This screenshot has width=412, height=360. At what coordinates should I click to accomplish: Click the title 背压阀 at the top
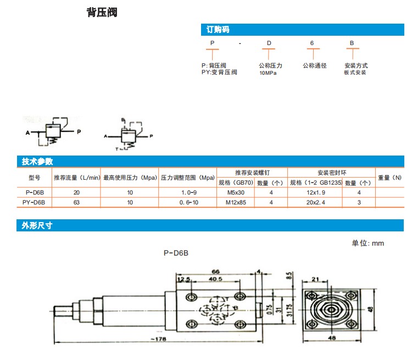(x=102, y=13)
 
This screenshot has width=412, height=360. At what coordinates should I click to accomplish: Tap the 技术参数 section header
(x=37, y=162)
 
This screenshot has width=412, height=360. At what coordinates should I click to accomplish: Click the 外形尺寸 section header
(x=37, y=225)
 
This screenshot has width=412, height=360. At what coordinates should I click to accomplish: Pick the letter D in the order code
(x=269, y=43)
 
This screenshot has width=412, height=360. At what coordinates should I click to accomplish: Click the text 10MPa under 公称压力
(x=269, y=73)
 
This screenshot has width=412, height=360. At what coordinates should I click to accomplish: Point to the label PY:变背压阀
(x=220, y=72)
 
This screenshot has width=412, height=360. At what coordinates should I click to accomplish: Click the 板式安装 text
(x=355, y=73)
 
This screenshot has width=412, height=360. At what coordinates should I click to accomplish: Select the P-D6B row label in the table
(x=34, y=192)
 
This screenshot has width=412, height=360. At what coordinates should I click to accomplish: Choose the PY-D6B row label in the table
(x=34, y=202)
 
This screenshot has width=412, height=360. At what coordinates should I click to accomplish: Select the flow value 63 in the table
(x=76, y=202)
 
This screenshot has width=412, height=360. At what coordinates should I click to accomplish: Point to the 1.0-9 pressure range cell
(x=188, y=192)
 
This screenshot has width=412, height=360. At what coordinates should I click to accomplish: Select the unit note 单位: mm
(x=368, y=243)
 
